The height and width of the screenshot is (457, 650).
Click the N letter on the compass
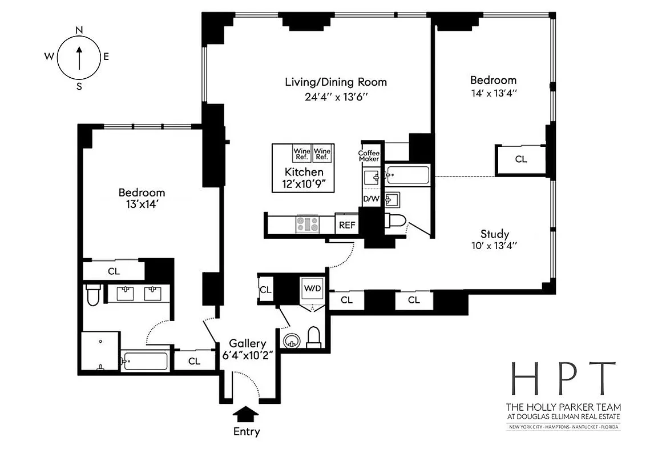[x=79, y=30]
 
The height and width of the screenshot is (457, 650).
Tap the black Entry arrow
[x=247, y=412]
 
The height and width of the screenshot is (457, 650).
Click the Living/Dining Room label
[x=336, y=82]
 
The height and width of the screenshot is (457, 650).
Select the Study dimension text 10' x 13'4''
[x=494, y=246]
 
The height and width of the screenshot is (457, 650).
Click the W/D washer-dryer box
[x=312, y=289]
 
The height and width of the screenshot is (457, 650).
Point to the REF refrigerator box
[x=347, y=225]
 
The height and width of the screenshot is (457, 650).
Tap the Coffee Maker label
[x=369, y=155]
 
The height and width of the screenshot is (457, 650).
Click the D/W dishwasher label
[x=370, y=199]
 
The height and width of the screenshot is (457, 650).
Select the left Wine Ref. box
[x=302, y=154]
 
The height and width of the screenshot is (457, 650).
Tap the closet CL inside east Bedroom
[x=520, y=159]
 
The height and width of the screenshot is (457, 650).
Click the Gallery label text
[x=248, y=343]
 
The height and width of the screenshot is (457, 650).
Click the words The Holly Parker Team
[x=563, y=407]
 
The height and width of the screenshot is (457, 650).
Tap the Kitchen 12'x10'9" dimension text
[x=304, y=184]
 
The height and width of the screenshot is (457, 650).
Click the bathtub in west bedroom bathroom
[x=145, y=361]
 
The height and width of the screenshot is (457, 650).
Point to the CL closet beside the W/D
[x=265, y=290]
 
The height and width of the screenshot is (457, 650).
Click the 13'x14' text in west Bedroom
[x=142, y=205]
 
